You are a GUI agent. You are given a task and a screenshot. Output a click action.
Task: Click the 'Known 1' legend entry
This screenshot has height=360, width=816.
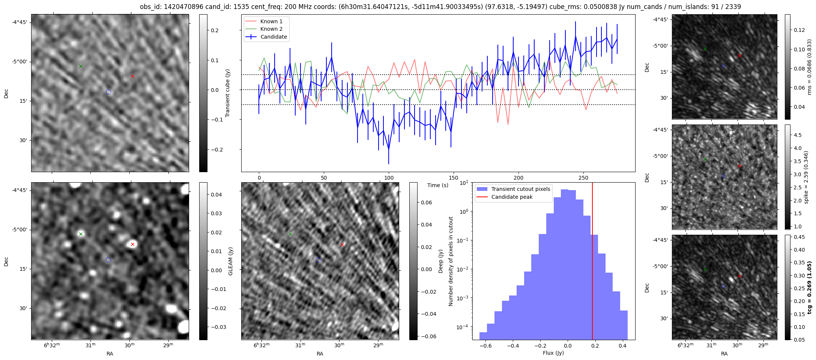click(x=271, y=21)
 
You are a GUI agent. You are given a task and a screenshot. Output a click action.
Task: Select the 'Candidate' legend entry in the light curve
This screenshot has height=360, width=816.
click(x=274, y=37)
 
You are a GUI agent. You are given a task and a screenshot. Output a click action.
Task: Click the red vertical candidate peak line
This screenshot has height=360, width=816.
click(x=592, y=262)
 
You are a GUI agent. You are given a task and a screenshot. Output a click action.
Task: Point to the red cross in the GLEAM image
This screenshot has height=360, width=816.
click(x=132, y=244)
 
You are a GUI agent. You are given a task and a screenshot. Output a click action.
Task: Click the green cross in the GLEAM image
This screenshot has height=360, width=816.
click(x=81, y=234)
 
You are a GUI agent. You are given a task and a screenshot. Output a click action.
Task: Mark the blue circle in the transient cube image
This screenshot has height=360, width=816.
click(x=108, y=91)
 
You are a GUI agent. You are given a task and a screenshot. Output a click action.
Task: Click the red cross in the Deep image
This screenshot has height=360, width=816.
click(x=342, y=244)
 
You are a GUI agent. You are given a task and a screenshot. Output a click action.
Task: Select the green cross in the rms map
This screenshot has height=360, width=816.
click(x=705, y=49)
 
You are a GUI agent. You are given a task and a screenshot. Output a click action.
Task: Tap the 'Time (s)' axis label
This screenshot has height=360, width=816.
click(x=438, y=185)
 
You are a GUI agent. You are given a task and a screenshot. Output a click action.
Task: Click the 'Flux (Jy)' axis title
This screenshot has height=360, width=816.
click(x=553, y=353)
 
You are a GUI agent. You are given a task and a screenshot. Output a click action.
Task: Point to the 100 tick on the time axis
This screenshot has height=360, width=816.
click(x=389, y=178)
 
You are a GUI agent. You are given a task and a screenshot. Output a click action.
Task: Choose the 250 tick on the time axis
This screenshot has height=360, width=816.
click(x=583, y=178)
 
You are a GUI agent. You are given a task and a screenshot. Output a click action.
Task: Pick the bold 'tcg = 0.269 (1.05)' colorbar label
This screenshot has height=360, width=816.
click(x=810, y=287)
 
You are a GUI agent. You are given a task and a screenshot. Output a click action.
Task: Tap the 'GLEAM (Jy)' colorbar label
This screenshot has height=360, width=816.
click(x=230, y=261)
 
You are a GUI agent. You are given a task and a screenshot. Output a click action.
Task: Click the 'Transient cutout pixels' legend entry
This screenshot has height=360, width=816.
click(x=520, y=189)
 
